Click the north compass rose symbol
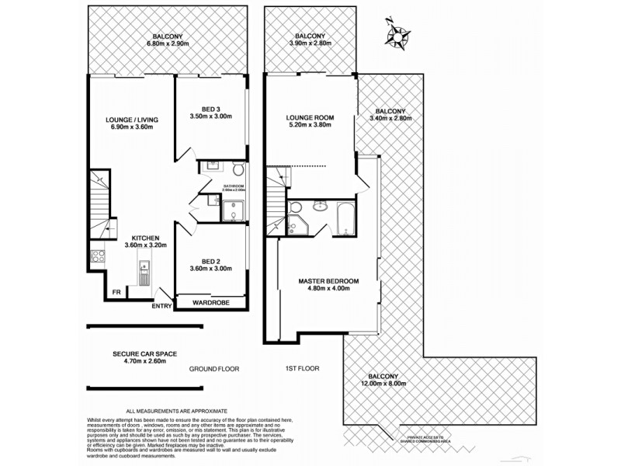pos(400,34)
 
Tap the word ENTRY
pos(162,306)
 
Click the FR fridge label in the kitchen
pos(116,292)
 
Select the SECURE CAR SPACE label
pos(144,353)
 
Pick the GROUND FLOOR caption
pos(214,369)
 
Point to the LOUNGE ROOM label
pos(310,118)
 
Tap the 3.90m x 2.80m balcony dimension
pos(310,44)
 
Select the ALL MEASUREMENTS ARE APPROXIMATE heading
pos(177,411)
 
